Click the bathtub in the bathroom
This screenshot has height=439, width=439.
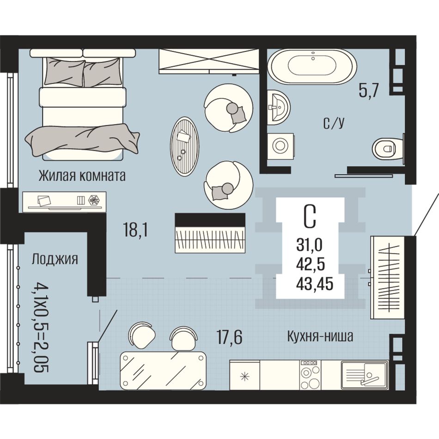point(312,67)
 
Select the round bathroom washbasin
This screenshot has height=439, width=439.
point(278,107)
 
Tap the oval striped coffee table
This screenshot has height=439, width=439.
point(184,146)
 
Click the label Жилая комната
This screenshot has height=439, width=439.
point(82,176)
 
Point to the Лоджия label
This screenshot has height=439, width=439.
point(55,259)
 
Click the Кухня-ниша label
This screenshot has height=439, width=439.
point(320,336)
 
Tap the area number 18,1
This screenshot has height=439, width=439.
point(135,231)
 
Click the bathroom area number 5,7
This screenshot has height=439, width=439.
point(369,91)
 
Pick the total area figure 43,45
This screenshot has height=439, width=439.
point(315,284)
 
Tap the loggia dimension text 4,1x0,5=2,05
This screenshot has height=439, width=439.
point(41,328)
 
